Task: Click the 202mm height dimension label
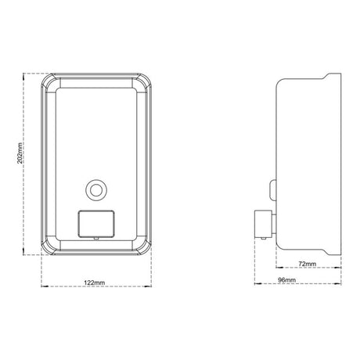pos(20,153)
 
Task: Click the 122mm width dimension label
pos(94,283)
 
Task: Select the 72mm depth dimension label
pos(307,264)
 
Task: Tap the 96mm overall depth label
pos(286,280)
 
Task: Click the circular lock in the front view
pos(96,190)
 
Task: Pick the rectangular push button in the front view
pos(96,224)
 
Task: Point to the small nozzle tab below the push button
pos(96,238)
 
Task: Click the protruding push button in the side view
pos(264,224)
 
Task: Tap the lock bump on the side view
pos(273,189)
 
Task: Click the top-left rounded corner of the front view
pos(49,81)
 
